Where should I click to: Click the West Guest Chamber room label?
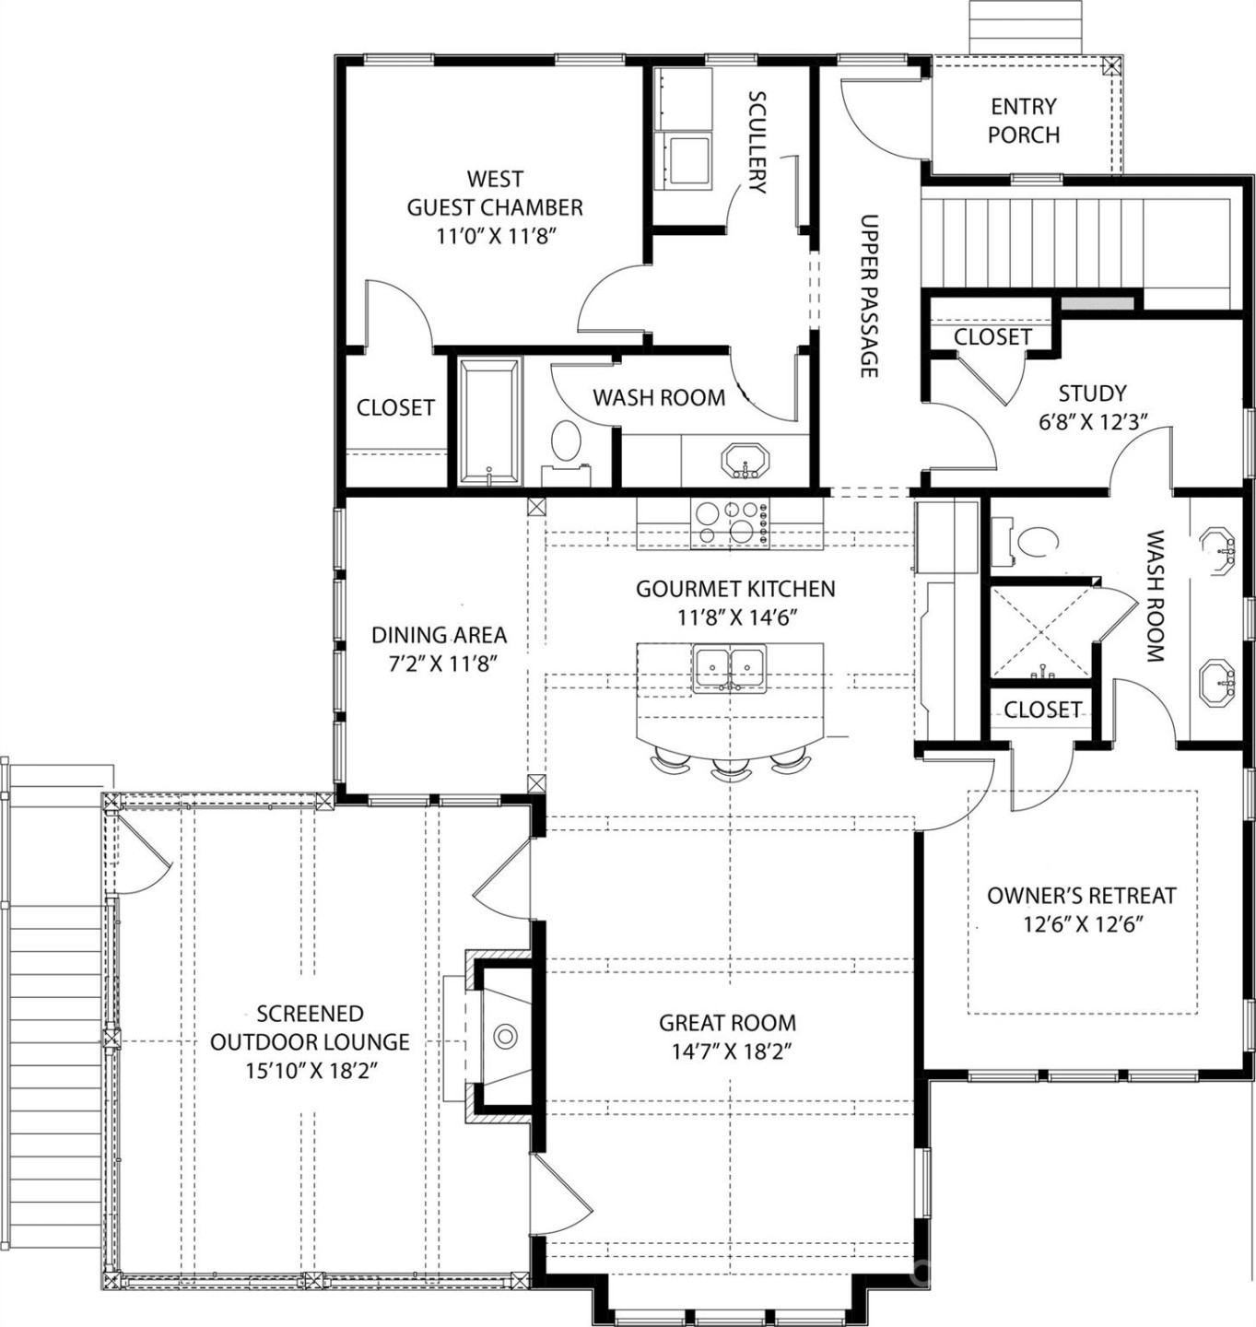(x=495, y=193)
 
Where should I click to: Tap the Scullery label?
(x=757, y=141)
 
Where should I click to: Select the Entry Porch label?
(x=1024, y=121)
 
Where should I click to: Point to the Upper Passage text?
(x=869, y=296)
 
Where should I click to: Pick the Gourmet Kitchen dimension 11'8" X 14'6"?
(x=735, y=617)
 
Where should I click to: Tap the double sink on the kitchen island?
(x=730, y=667)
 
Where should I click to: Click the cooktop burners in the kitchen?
(x=730, y=523)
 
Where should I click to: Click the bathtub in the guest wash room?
(x=488, y=422)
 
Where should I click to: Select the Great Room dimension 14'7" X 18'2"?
(x=727, y=1051)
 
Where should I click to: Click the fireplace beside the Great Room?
(x=504, y=1036)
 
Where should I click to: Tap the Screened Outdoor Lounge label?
(x=310, y=1028)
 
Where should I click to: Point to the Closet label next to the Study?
(x=992, y=337)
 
